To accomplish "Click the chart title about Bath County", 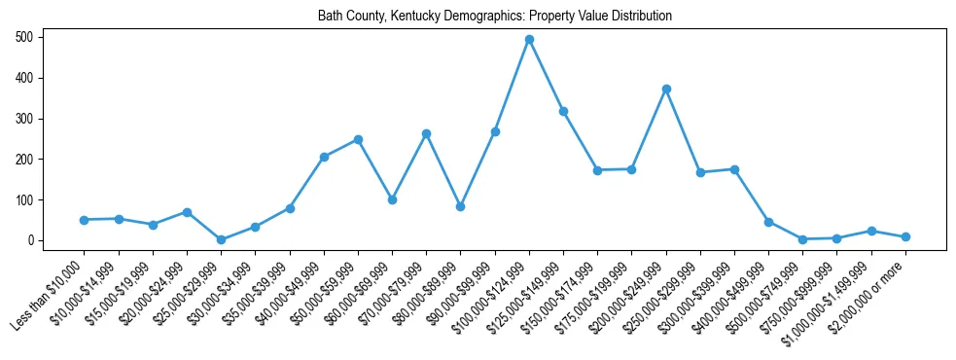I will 495,17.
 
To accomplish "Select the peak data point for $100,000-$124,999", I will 529,40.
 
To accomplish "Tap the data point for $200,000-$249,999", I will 666,89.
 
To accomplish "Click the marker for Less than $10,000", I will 85,220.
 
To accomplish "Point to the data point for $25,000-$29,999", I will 221,239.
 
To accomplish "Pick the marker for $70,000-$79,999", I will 426,133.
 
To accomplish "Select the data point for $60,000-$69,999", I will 392,199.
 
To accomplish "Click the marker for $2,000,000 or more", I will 905,236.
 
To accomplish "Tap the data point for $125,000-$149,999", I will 563,111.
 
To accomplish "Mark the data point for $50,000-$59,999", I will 358,139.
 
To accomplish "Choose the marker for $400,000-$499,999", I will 768,222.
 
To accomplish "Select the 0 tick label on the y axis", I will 32,240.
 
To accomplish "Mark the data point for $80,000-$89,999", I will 460,206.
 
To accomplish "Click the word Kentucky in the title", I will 411,17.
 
